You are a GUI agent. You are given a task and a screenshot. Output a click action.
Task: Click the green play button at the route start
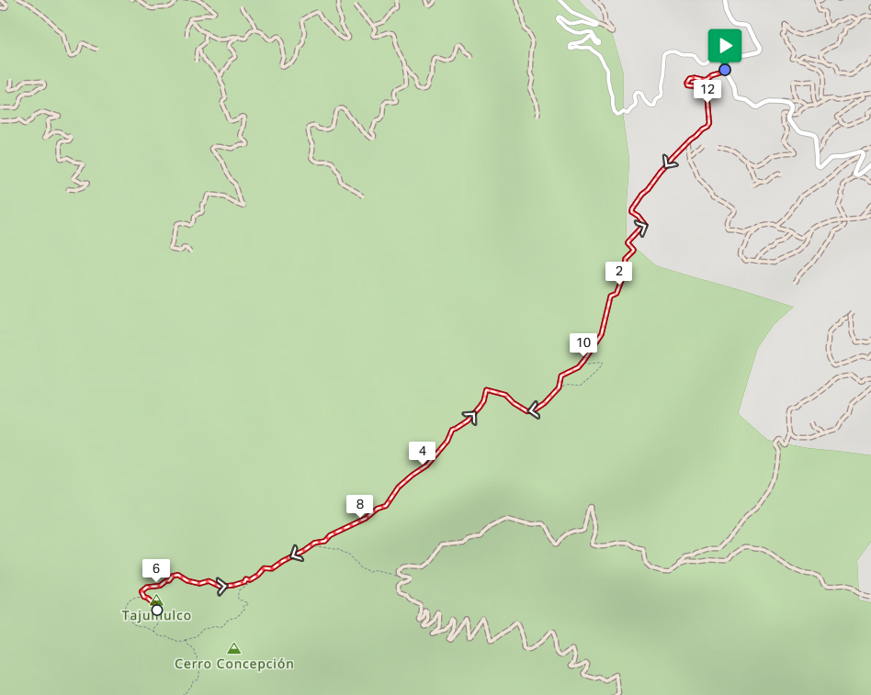(x=724, y=45)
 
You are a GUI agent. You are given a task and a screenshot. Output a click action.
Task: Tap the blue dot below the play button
(x=725, y=70)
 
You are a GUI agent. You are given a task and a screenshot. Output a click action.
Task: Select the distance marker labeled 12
(x=707, y=89)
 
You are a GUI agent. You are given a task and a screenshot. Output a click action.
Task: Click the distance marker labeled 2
(x=618, y=271)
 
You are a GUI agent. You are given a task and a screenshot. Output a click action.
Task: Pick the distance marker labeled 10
(x=583, y=342)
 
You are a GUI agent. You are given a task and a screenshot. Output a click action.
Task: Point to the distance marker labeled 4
(x=422, y=451)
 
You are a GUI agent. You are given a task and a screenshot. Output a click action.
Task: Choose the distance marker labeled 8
(x=359, y=503)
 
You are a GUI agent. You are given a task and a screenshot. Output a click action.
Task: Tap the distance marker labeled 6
(x=155, y=568)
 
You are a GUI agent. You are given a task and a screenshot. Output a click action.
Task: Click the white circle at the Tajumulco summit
(x=157, y=610)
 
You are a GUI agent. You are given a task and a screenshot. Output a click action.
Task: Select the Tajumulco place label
(x=156, y=616)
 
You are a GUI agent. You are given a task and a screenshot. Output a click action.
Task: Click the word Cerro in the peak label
(x=193, y=664)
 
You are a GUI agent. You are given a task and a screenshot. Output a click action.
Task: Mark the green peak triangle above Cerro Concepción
(x=233, y=648)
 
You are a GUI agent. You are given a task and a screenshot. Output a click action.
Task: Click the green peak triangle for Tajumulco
(x=156, y=599)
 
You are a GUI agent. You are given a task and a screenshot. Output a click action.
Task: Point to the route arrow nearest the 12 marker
(x=670, y=163)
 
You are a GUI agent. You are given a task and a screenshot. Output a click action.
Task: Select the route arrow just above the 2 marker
(x=640, y=228)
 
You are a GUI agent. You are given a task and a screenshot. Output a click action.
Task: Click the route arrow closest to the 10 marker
(x=532, y=409)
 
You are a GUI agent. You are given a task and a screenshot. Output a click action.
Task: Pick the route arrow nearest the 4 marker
(x=471, y=418)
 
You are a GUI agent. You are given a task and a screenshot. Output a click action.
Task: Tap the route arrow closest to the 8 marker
(x=296, y=553)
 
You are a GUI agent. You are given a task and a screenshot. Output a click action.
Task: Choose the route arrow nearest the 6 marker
(x=221, y=586)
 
